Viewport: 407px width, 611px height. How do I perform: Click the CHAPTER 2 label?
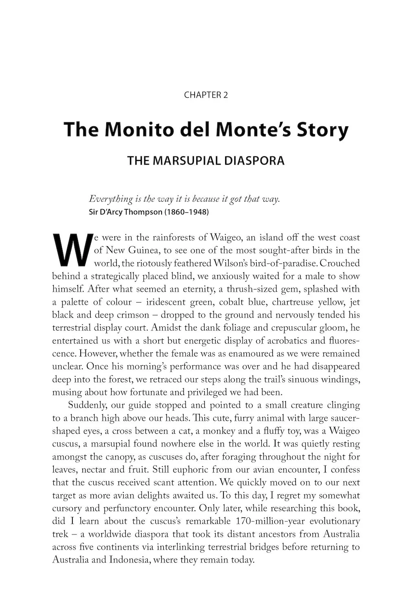(x=206, y=95)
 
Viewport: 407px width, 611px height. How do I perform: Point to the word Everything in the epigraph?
(x=111, y=200)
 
